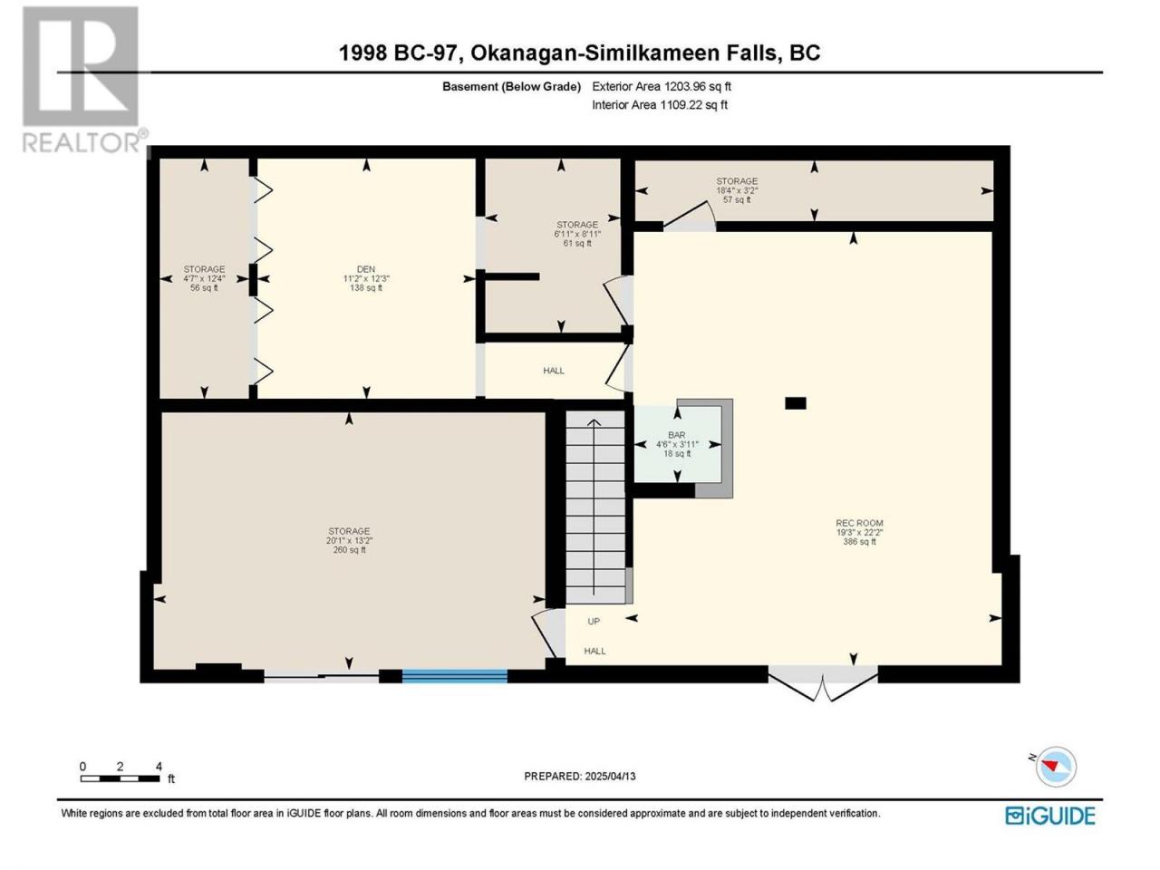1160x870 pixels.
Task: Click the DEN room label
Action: (365, 269)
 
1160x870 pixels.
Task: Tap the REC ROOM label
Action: (859, 523)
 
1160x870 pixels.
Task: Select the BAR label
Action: (676, 435)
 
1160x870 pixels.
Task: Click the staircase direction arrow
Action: (594, 507)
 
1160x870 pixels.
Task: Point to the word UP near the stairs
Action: (594, 621)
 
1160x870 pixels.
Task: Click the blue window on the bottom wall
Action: (455, 676)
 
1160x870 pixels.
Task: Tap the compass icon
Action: (1055, 767)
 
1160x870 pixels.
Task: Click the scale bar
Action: (120, 778)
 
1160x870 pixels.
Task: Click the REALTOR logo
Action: (82, 79)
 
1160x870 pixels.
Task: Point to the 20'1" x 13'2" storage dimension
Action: (349, 540)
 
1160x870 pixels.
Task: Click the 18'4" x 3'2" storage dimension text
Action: (737, 190)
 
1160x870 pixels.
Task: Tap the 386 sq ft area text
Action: (859, 541)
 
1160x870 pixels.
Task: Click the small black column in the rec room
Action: (796, 403)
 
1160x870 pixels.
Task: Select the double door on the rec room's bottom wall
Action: (823, 683)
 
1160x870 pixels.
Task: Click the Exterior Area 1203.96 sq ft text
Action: (662, 86)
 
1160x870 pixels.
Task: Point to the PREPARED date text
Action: (580, 776)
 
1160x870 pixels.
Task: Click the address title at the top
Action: (579, 53)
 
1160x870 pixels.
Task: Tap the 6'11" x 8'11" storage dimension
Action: (577, 234)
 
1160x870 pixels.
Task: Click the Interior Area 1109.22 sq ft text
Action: (660, 104)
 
